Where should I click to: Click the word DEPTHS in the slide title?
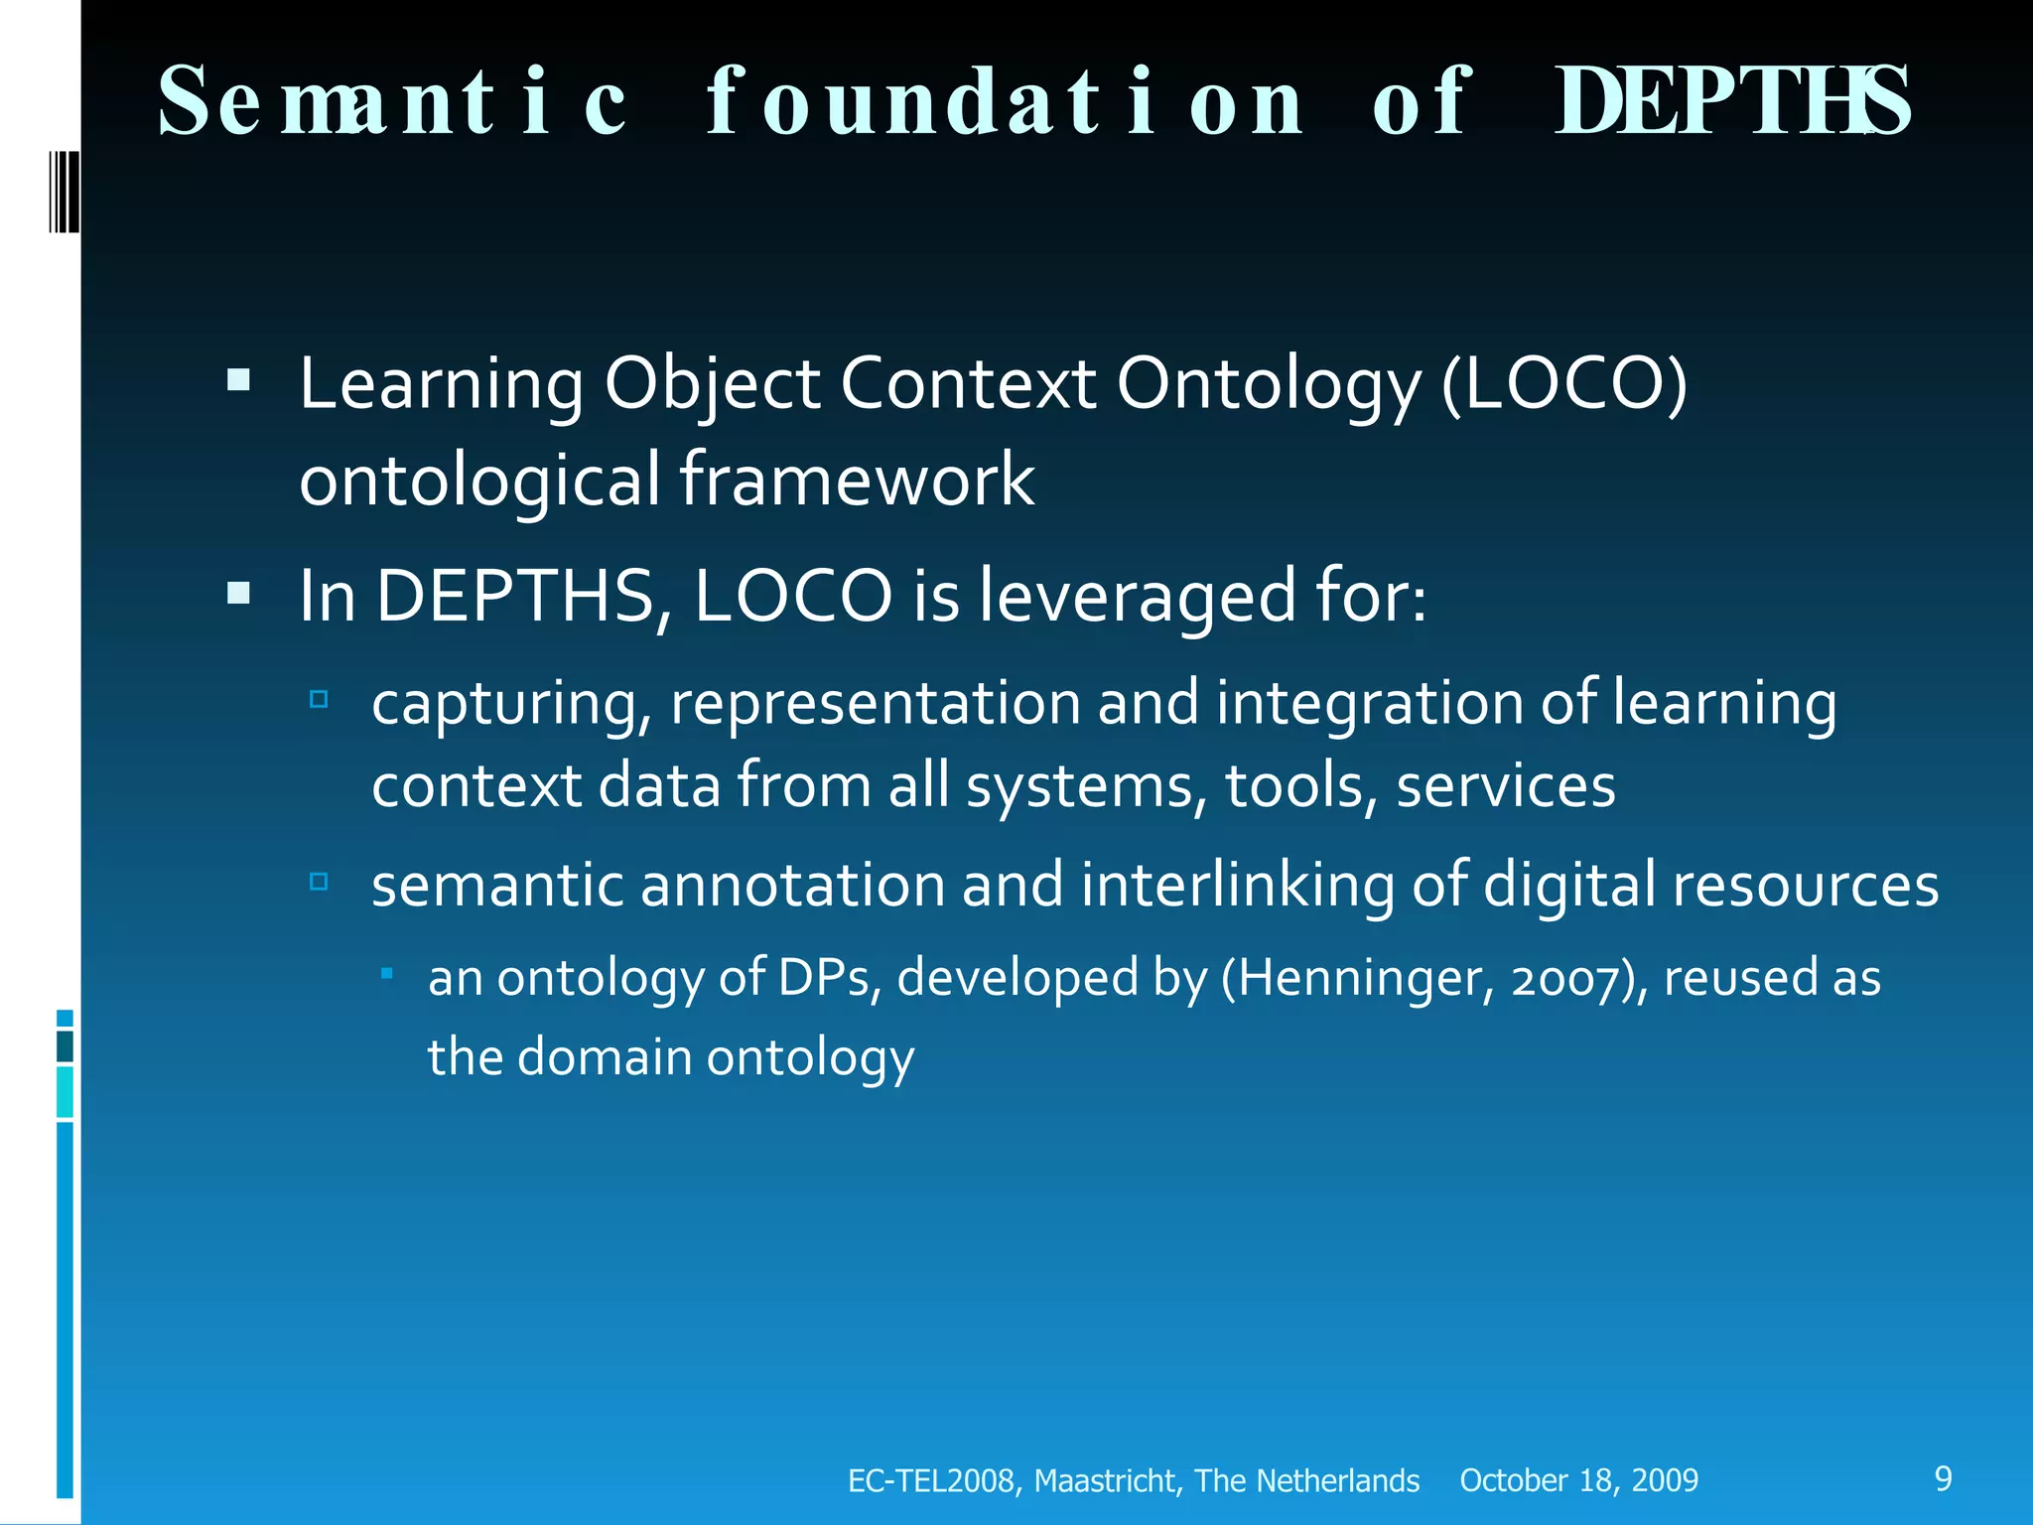[1731, 101]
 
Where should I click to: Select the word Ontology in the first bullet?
[1269, 385]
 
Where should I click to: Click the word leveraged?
[1137, 596]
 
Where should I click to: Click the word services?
[1505, 785]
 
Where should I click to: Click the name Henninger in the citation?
[1360, 977]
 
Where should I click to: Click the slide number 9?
[1943, 1478]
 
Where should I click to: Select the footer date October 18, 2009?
[1578, 1480]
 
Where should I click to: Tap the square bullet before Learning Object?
[238, 380]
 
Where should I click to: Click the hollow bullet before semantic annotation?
[319, 882]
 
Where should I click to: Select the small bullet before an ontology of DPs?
[387, 974]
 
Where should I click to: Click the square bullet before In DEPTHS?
[238, 593]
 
